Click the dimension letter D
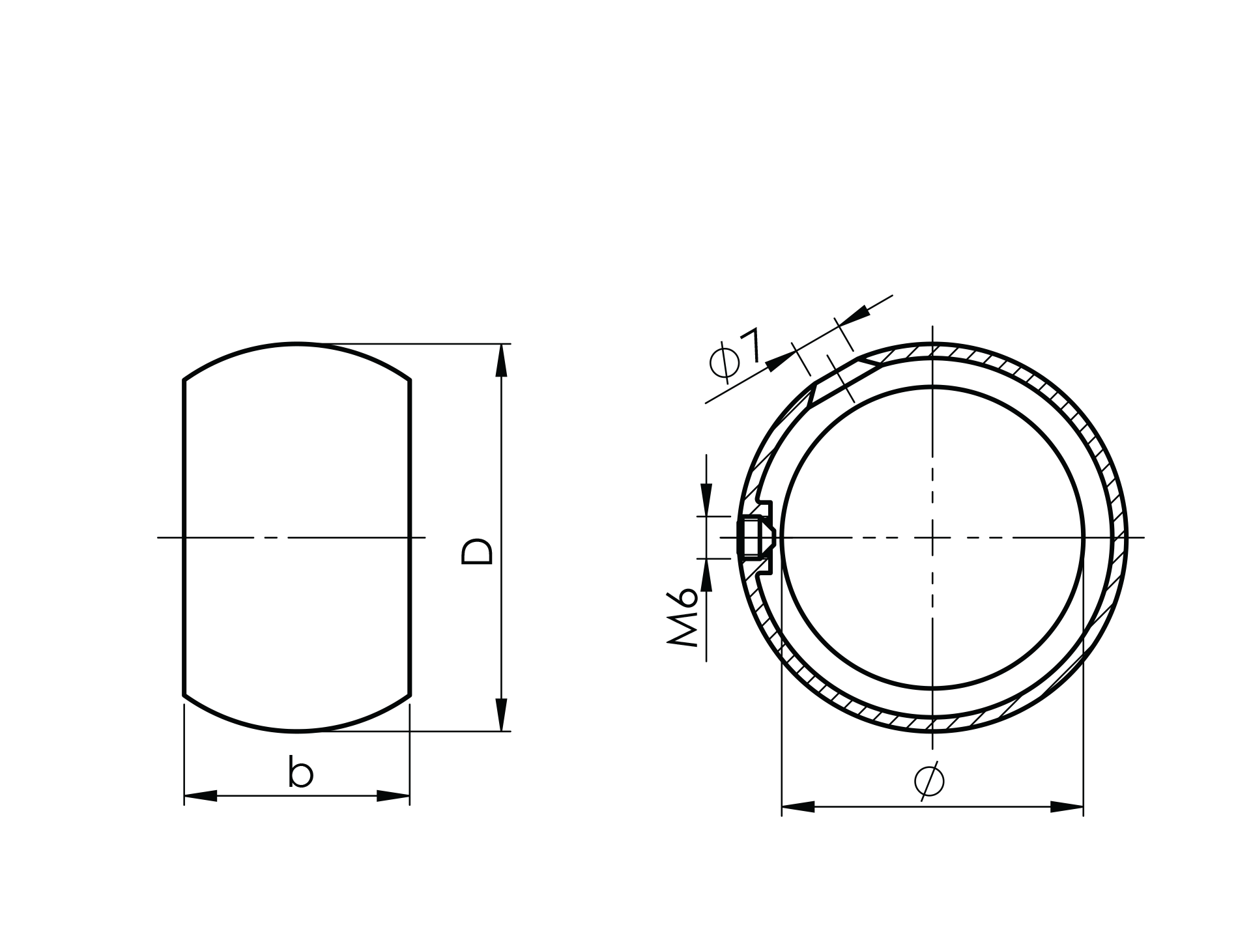pos(477,551)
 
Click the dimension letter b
pos(300,773)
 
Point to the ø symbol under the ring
pos(928,780)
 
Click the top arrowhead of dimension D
pos(501,360)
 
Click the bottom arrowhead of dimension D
pos(501,715)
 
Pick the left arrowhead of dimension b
pos(201,795)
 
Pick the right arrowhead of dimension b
pos(394,795)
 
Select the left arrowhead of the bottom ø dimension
pos(798,807)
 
